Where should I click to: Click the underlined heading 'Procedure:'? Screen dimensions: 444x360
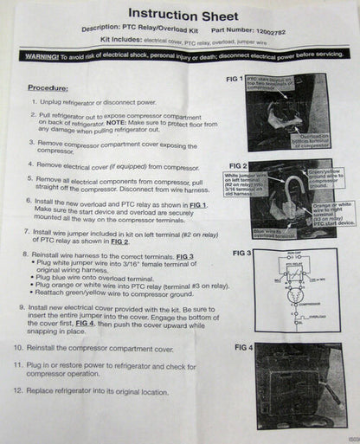[x=48, y=87]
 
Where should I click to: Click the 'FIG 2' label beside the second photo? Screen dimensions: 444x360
[x=239, y=164]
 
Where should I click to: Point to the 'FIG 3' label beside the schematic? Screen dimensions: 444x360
[x=242, y=253]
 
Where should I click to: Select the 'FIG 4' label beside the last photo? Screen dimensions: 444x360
[x=244, y=347]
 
